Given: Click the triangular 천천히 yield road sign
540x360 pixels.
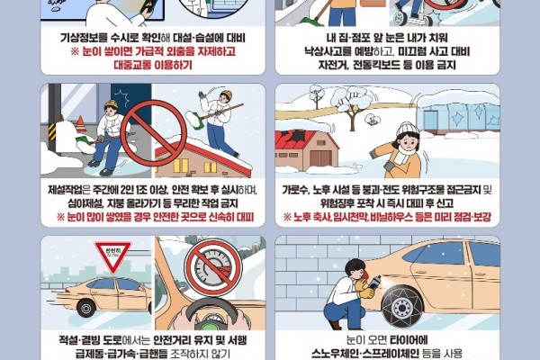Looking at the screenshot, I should pos(112,255).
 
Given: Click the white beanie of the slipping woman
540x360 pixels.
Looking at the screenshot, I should pos(408,130).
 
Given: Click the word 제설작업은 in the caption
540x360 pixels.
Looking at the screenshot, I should pos(73,189).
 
